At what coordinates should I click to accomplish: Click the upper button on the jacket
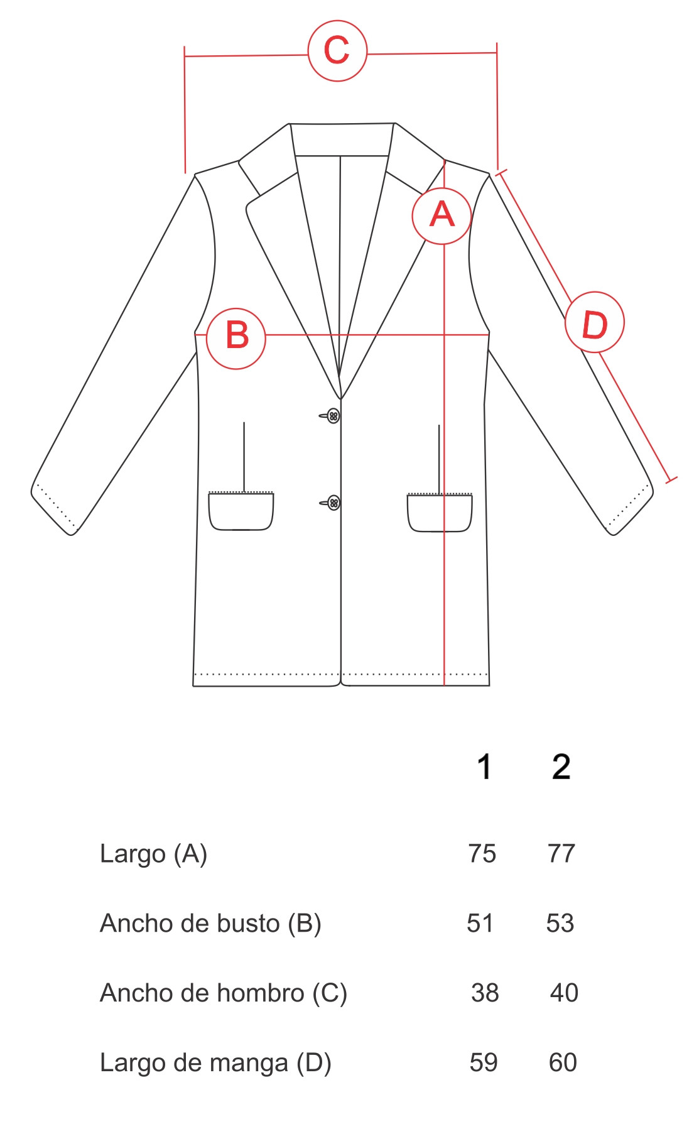click(333, 416)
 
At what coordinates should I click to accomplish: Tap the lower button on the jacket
click(334, 503)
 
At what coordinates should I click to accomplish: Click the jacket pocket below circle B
click(241, 511)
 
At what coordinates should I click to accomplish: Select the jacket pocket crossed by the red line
click(440, 513)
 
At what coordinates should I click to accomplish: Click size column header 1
click(484, 767)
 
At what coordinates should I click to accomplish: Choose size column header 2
click(561, 767)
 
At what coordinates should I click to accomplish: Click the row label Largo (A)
click(154, 854)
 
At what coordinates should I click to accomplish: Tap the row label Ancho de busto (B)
click(211, 924)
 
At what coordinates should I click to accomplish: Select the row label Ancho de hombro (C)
click(224, 993)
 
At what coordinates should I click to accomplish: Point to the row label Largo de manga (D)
click(215, 1063)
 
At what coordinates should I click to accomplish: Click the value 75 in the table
click(482, 854)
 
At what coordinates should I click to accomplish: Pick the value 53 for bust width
click(560, 924)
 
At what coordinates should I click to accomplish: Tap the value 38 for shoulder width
click(485, 993)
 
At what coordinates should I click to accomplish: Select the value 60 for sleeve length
click(563, 1063)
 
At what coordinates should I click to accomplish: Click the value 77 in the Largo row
click(561, 854)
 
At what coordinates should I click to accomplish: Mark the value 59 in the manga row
click(484, 1063)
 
